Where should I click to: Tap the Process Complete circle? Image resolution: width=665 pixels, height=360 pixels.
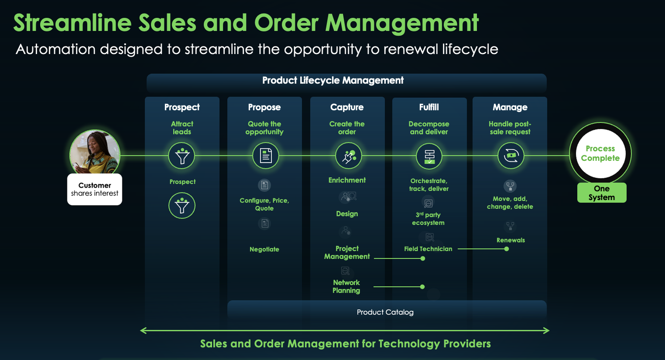click(600, 153)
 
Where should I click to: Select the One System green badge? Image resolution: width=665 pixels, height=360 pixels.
click(602, 193)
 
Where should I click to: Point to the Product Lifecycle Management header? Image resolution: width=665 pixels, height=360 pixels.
click(333, 80)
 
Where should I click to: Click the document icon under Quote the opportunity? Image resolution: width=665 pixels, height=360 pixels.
click(265, 155)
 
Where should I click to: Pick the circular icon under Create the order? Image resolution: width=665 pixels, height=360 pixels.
click(349, 155)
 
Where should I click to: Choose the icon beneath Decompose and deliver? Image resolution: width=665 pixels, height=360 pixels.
click(429, 155)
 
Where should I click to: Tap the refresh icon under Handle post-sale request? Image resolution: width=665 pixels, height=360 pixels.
click(511, 155)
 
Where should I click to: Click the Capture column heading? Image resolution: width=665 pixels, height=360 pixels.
click(347, 107)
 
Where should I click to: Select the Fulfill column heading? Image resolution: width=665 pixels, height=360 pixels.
click(429, 107)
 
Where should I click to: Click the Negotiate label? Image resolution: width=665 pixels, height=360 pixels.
click(264, 249)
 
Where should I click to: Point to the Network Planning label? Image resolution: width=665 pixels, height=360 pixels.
click(346, 286)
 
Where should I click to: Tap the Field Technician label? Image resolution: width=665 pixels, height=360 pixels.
click(428, 249)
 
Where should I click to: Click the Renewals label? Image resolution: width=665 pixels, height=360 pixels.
click(510, 240)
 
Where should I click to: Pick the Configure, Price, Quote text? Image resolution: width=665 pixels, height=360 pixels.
click(264, 204)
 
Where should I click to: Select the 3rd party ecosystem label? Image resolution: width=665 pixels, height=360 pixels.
click(428, 218)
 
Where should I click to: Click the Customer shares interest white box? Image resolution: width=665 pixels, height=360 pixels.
click(95, 189)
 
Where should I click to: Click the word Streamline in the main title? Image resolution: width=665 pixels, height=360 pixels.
click(72, 23)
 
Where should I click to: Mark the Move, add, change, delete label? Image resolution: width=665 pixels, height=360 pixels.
click(510, 202)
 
